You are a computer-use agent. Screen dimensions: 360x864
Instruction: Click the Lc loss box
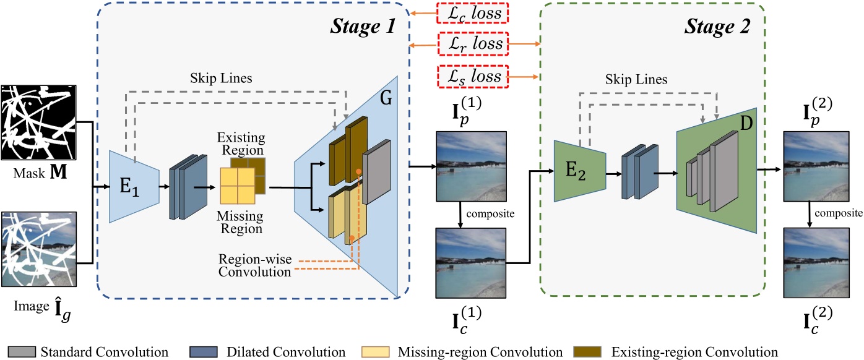click(x=473, y=12)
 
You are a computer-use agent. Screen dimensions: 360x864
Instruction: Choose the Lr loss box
click(x=473, y=44)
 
